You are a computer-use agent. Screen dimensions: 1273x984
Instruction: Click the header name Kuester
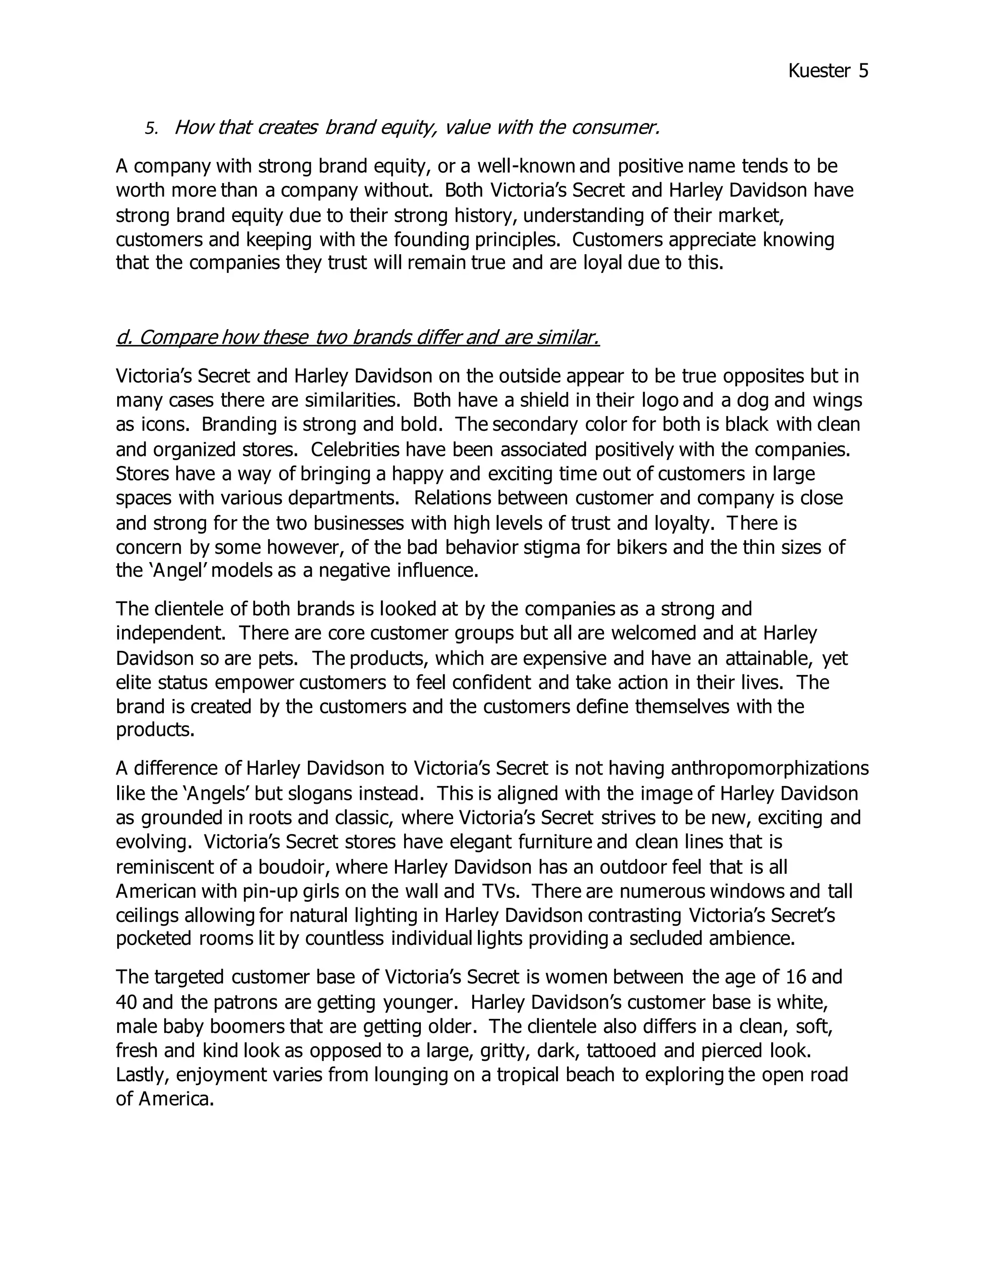(x=819, y=71)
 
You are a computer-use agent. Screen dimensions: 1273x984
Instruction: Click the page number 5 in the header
(x=863, y=71)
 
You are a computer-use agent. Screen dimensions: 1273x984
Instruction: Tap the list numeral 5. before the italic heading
(x=151, y=129)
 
